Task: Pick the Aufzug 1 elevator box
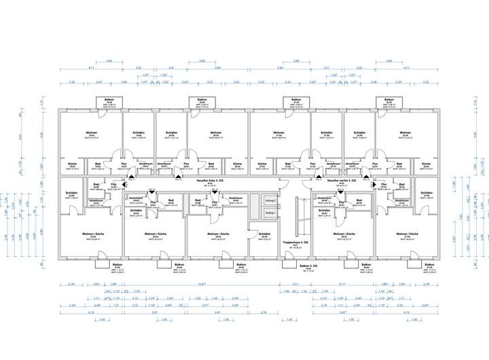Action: click(x=270, y=213)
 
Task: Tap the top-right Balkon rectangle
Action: click(x=389, y=103)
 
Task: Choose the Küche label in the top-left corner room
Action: click(x=72, y=164)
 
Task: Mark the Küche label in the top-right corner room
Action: click(x=426, y=164)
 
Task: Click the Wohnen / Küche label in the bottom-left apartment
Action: click(x=90, y=234)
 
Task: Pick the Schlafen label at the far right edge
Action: click(x=426, y=193)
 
